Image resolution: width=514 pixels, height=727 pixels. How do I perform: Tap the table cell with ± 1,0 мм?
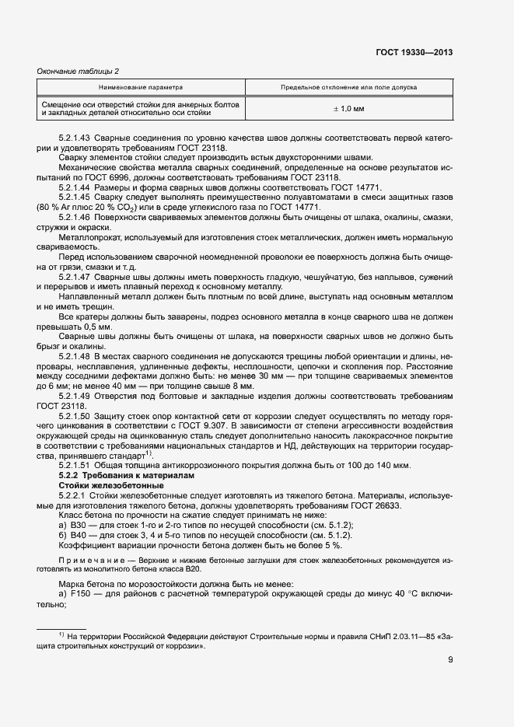[348, 109]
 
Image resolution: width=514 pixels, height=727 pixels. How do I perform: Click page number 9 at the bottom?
[450, 662]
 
